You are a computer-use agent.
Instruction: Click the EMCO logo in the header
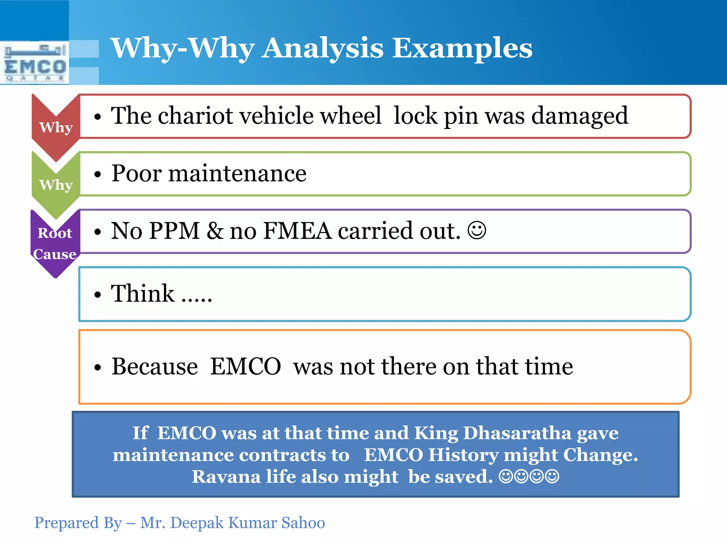point(34,63)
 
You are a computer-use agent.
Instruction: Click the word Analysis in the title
point(323,49)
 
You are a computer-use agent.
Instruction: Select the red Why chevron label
point(56,127)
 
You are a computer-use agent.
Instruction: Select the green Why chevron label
point(56,185)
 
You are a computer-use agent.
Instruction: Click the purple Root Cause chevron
point(55,243)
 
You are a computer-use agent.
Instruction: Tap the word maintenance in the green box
point(237,174)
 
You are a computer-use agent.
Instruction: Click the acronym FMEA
point(297,231)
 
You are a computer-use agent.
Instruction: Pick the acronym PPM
point(174,231)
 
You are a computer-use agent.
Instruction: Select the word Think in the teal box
point(142,293)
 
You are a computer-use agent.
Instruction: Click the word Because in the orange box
point(155,367)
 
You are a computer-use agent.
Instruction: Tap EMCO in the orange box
point(246,367)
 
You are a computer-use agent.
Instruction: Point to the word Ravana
point(226,477)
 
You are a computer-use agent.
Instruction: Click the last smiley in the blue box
point(552,476)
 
